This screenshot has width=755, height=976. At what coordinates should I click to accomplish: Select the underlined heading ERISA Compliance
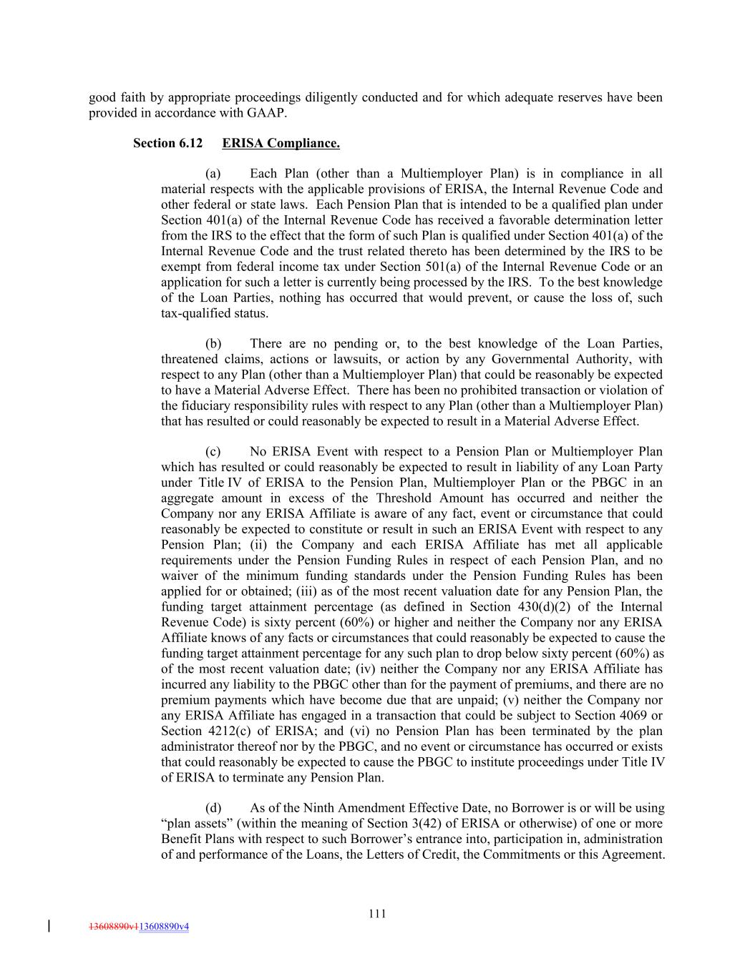[281, 143]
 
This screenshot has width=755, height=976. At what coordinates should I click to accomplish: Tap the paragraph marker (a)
[213, 174]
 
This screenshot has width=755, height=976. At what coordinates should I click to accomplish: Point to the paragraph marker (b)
[213, 344]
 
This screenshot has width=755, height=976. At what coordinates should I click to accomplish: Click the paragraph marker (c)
[213, 452]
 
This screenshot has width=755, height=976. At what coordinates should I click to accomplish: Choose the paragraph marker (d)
[213, 808]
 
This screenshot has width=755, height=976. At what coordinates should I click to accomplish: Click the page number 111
[377, 913]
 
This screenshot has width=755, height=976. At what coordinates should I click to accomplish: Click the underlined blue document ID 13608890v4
[164, 927]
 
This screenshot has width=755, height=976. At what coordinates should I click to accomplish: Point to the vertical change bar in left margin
[48, 926]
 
